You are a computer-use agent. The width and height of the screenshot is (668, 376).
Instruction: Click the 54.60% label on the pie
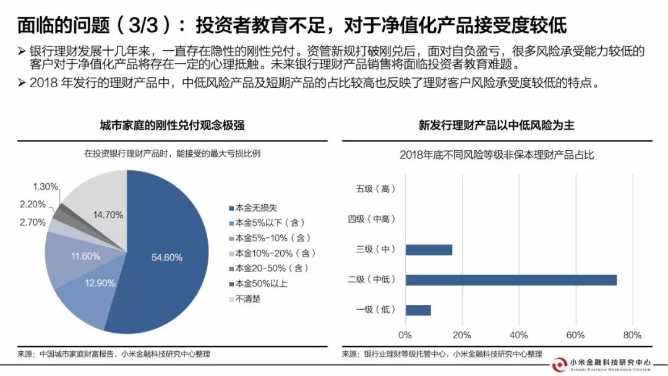[x=166, y=257]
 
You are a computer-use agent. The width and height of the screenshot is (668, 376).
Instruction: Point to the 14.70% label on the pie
[x=108, y=215]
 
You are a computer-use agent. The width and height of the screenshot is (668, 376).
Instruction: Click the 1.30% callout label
[x=46, y=186]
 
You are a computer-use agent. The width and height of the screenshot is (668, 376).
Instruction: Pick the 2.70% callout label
[x=32, y=222]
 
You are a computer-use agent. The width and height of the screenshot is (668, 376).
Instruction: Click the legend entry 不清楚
[x=245, y=299]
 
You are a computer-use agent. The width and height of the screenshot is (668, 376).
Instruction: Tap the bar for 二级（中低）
[x=511, y=280]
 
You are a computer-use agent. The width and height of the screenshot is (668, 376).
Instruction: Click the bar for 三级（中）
[x=429, y=250]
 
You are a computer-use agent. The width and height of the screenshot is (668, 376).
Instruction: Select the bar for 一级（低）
[x=418, y=310]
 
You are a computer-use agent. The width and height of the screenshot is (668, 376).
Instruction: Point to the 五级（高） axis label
[x=375, y=189]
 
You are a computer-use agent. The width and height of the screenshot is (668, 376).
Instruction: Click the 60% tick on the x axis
[x=575, y=336]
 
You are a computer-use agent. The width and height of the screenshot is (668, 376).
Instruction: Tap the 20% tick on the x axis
[x=462, y=336]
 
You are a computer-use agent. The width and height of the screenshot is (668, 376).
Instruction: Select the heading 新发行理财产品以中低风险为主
[x=496, y=126]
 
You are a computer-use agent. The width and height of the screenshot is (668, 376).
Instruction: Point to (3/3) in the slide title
[x=145, y=25]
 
